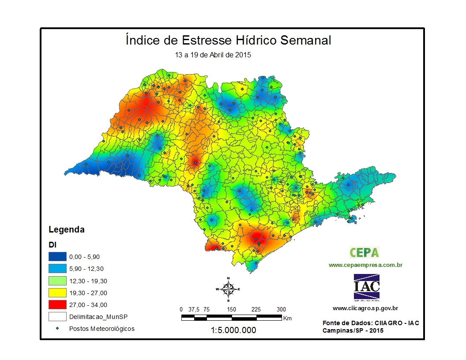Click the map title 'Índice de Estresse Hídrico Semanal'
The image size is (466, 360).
click(x=228, y=41)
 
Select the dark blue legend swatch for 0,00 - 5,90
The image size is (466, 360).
click(x=57, y=256)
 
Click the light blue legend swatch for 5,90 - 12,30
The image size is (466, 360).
click(x=57, y=268)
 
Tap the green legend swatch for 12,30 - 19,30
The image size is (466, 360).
click(x=57, y=281)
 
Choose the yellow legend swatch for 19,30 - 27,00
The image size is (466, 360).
click(x=57, y=292)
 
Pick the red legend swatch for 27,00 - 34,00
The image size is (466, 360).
click(x=57, y=304)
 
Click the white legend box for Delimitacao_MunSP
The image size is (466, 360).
click(x=57, y=316)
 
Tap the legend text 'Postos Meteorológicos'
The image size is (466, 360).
click(x=101, y=329)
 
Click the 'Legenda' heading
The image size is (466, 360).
click(x=66, y=230)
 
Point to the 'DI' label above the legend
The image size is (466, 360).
click(x=52, y=244)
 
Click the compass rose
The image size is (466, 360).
click(x=228, y=289)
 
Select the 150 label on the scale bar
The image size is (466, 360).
click(x=232, y=309)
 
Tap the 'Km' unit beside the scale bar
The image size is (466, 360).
click(x=288, y=318)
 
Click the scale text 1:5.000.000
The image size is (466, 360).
click(x=233, y=330)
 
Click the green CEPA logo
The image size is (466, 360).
click(x=365, y=252)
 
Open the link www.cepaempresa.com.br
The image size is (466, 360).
click(x=365, y=265)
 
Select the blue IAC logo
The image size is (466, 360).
click(x=366, y=287)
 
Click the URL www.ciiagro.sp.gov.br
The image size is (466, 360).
click(x=365, y=308)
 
